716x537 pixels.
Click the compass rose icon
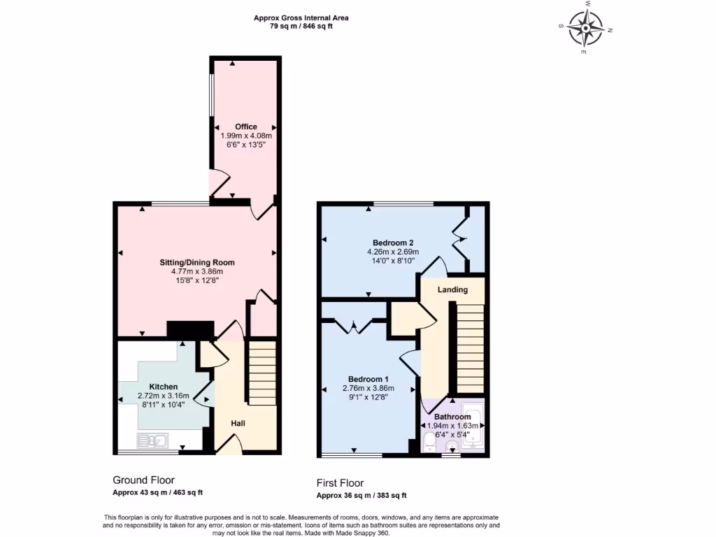(x=586, y=29)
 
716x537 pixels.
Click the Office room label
(x=245, y=127)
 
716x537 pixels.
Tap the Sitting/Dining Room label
(x=196, y=262)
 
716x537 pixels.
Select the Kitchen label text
(x=163, y=386)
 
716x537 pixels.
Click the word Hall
(x=238, y=423)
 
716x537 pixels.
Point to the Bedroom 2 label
(x=392, y=243)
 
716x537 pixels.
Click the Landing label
(x=452, y=289)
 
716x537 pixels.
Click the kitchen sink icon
(x=152, y=441)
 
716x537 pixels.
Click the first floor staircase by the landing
(x=470, y=348)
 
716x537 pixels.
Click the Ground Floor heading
(x=143, y=480)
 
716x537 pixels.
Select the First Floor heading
(x=340, y=483)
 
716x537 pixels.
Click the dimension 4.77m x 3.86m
(x=196, y=271)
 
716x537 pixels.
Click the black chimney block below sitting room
(x=189, y=330)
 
